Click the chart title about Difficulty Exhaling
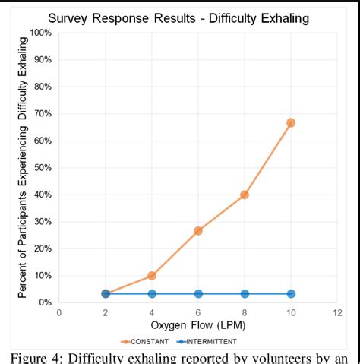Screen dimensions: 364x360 [x=178, y=17]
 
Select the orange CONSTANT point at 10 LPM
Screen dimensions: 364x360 [x=290, y=122]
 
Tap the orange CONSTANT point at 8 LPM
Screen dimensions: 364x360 [x=244, y=195]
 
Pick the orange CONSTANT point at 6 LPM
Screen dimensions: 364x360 [x=197, y=230]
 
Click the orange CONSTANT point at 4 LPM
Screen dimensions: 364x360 [x=151, y=275]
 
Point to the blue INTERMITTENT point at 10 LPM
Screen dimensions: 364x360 [x=290, y=293]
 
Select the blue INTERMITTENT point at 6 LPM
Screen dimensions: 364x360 [x=197, y=293]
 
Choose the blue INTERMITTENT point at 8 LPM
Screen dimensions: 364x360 [x=244, y=293]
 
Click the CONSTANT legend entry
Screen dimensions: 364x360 [x=147, y=341]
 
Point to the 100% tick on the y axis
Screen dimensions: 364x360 [x=41, y=33]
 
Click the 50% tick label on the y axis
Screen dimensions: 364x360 [x=43, y=167]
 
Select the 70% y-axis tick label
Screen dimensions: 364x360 [x=43, y=113]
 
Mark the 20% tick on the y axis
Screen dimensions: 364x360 [x=43, y=248]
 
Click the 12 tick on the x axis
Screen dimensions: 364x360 [x=336, y=312]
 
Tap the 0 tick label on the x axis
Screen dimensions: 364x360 [x=59, y=312]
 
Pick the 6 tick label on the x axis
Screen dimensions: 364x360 [x=197, y=312]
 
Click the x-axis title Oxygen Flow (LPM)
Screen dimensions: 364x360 [x=197, y=325]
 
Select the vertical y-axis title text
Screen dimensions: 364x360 [x=22, y=167]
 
